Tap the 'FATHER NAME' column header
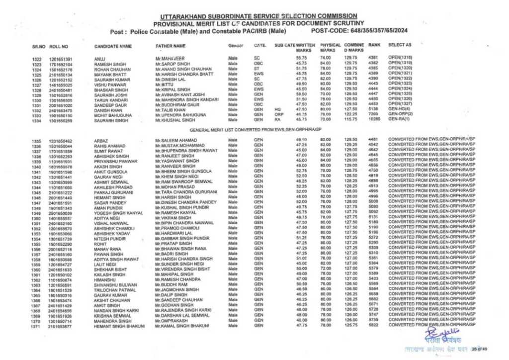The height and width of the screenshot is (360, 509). tap(170, 46)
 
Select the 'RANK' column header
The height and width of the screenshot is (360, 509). tap(374, 45)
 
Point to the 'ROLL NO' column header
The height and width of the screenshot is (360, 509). tap(59, 46)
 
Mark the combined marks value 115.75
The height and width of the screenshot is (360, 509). tap(350, 120)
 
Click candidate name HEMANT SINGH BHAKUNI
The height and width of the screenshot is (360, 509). tap(118, 326)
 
